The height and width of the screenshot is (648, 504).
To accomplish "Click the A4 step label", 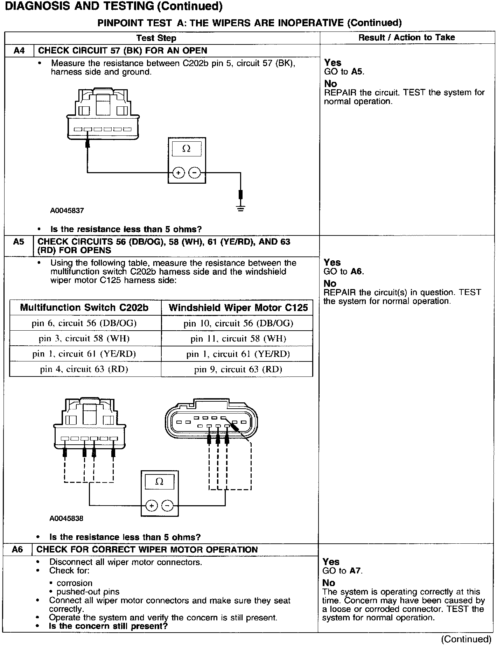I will pyautogui.click(x=19, y=51).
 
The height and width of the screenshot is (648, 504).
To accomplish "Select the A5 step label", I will pyautogui.click(x=18, y=242).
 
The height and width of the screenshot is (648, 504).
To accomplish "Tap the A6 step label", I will pyautogui.click(x=17, y=550).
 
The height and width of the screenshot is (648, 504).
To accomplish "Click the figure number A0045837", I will pyautogui.click(x=67, y=211).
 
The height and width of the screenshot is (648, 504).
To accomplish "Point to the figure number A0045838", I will pyautogui.click(x=66, y=519).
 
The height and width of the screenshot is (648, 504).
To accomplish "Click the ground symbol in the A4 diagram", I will pyautogui.click(x=240, y=209).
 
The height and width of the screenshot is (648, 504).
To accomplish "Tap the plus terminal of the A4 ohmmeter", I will pyautogui.click(x=178, y=173).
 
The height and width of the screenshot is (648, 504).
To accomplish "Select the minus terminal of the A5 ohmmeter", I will pyautogui.click(x=168, y=506).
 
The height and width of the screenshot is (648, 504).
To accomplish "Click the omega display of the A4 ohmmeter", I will pyautogui.click(x=187, y=149).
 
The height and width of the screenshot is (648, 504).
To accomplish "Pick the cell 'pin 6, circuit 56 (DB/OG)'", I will pyautogui.click(x=84, y=323).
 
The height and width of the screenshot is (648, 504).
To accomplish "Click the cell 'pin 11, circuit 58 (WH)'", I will pyautogui.click(x=238, y=338).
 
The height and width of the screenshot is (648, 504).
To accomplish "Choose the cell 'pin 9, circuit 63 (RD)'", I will pyautogui.click(x=238, y=369).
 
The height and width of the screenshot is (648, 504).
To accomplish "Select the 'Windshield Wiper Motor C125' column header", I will pyautogui.click(x=238, y=308).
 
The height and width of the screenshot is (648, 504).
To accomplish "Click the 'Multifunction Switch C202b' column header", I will pyautogui.click(x=84, y=308).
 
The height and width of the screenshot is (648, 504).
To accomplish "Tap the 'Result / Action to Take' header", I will pyautogui.click(x=407, y=37).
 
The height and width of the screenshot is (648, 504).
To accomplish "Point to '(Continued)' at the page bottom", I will pyautogui.click(x=466, y=639).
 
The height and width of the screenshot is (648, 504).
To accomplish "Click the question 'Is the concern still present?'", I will pyautogui.click(x=108, y=626).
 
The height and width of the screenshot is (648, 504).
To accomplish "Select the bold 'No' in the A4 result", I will pyautogui.click(x=330, y=84).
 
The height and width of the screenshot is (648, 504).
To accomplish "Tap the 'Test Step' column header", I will pyautogui.click(x=156, y=38).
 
